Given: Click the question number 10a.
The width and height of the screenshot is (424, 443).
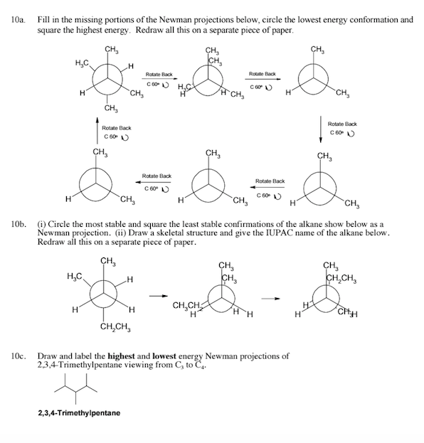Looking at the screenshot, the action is pyautogui.click(x=16, y=21).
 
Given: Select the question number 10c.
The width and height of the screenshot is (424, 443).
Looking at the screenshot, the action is pyautogui.click(x=16, y=356).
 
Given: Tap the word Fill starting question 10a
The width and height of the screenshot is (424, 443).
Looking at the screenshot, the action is pyautogui.click(x=44, y=21).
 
